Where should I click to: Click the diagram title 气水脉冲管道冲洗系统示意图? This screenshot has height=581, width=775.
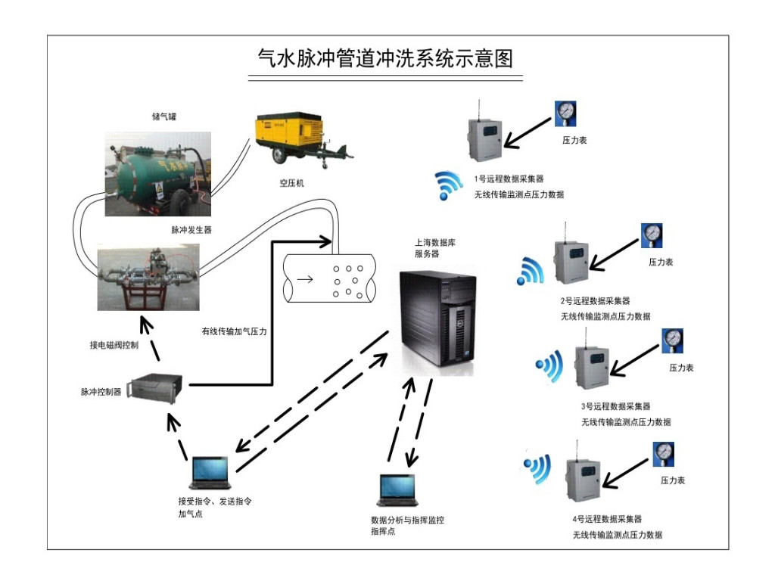385,58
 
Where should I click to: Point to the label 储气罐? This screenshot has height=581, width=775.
163,117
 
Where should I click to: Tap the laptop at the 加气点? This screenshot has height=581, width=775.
209,474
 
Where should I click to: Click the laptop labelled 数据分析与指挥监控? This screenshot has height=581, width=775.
397,490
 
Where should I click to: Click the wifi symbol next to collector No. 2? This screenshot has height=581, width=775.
531,271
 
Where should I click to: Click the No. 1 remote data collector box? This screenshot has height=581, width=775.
484,136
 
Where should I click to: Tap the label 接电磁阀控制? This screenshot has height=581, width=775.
114,346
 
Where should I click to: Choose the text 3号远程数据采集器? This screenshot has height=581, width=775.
615,407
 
